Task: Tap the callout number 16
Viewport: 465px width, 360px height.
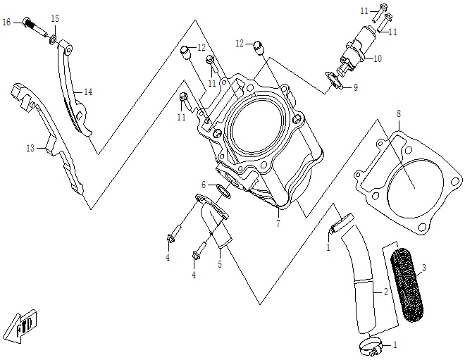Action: coord(7,23)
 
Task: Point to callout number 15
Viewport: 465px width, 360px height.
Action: coord(55,18)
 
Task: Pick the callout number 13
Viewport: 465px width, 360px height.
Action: coord(30,149)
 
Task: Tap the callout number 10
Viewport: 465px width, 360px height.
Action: coord(378,58)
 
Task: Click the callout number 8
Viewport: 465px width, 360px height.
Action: coord(398,113)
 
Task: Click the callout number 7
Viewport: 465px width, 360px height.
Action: coord(278,223)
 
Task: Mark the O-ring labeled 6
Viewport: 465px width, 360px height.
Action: coord(219,188)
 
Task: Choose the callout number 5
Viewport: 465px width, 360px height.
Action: coord(219,265)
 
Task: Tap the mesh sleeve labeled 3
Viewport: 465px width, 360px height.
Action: coord(406,278)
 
